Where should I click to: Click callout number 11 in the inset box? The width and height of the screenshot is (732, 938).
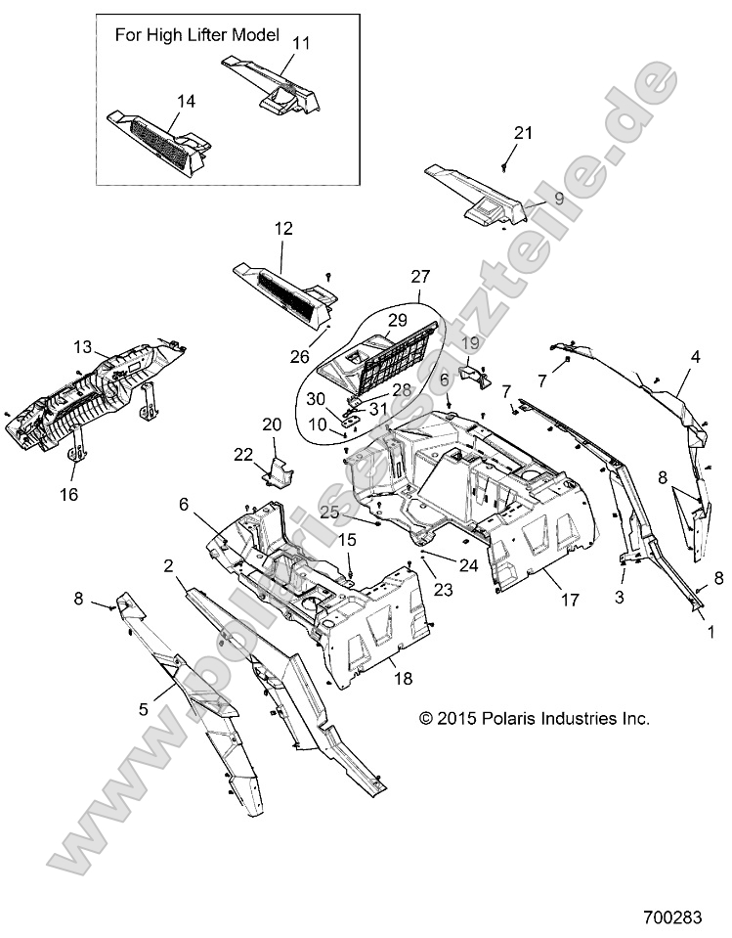pos(301,43)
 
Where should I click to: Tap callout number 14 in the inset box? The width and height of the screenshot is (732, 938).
pos(186,101)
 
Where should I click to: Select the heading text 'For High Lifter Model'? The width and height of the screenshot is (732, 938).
pos(197,35)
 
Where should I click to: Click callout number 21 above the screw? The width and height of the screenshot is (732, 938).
pos(524,133)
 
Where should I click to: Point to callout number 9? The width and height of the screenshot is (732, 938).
pos(559,197)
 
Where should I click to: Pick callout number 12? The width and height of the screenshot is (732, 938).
pos(283,229)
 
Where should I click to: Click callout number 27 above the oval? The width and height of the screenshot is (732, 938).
pos(420,276)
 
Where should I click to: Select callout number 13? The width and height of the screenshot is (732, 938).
pos(82,346)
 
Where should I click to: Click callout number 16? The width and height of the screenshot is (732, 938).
pos(68,495)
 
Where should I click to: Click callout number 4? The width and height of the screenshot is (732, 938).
pos(695,358)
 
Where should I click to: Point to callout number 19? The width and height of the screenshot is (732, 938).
pos(470,343)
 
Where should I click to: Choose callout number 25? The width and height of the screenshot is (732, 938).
pos(328,513)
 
